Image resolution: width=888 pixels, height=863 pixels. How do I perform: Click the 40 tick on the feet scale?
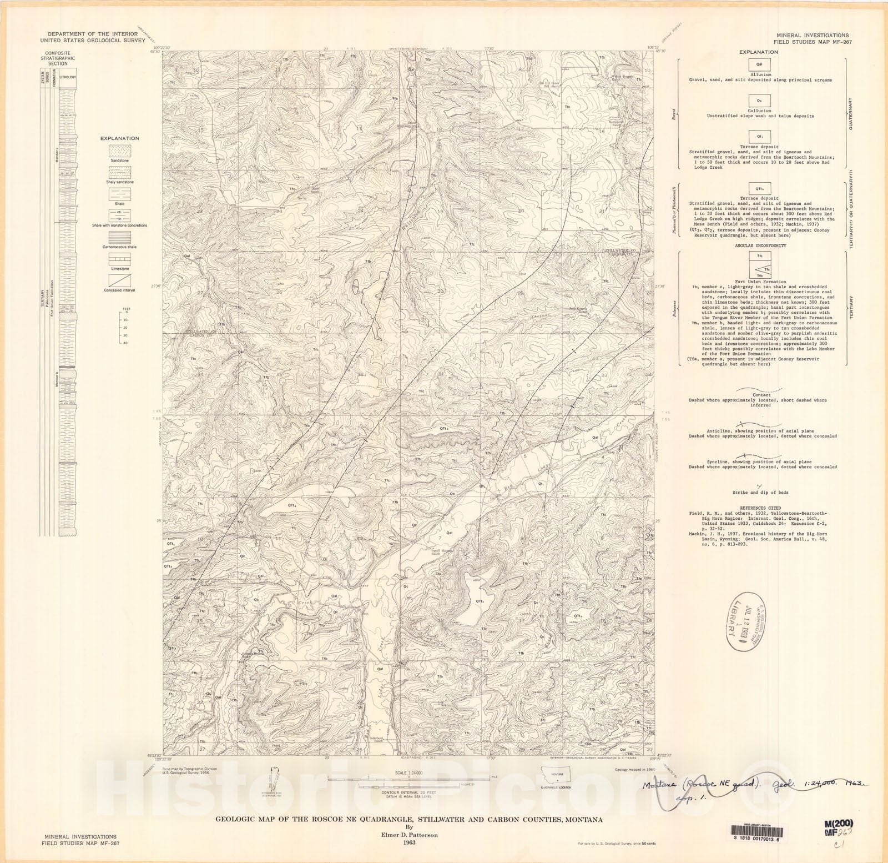tap(125, 343)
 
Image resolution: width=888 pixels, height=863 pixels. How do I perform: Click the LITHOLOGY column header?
tap(68, 77)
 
